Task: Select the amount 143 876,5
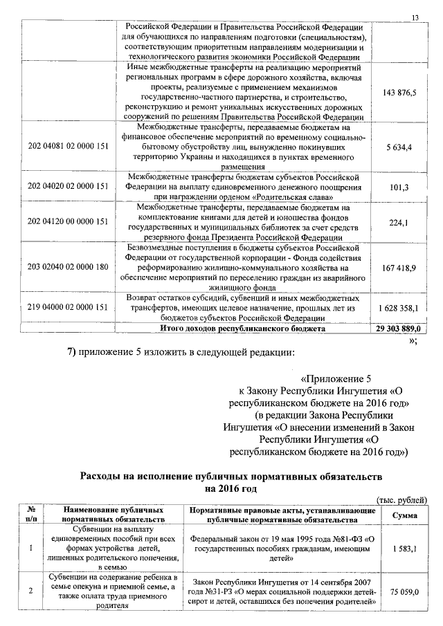[x=399, y=93]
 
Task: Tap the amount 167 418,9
[x=399, y=266]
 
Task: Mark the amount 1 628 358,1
[x=399, y=306]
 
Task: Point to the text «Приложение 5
[x=337, y=378]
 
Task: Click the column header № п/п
[x=31, y=514]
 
